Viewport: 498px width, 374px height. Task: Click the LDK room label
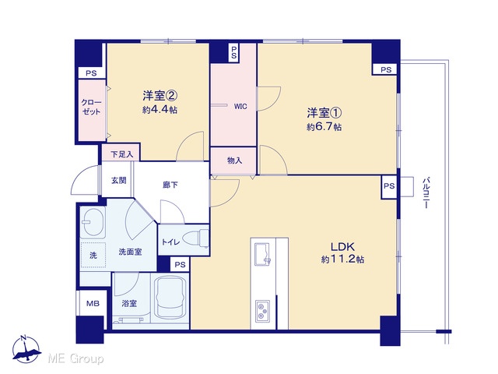pyautogui.click(x=342, y=246)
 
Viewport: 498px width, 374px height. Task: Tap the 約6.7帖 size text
pyautogui.click(x=324, y=127)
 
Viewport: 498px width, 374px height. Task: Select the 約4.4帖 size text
pyautogui.click(x=160, y=110)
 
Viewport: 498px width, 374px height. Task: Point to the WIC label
pyautogui.click(x=240, y=107)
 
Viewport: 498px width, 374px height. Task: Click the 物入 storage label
pyautogui.click(x=235, y=161)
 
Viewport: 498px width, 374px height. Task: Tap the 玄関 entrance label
pyautogui.click(x=119, y=180)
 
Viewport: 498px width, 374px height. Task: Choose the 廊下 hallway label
pyautogui.click(x=170, y=185)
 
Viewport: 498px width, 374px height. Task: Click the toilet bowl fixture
pyautogui.click(x=196, y=238)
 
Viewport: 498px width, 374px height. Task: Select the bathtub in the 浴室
pyautogui.click(x=170, y=298)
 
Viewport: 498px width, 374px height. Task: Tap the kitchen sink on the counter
pyautogui.click(x=263, y=254)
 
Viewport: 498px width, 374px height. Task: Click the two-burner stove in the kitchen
pyautogui.click(x=263, y=311)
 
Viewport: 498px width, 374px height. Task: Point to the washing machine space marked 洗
pyautogui.click(x=93, y=255)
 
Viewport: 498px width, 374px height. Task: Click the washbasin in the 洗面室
pyautogui.click(x=93, y=222)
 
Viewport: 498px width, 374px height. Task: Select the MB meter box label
pyautogui.click(x=93, y=303)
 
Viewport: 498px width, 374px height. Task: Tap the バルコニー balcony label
pyautogui.click(x=426, y=193)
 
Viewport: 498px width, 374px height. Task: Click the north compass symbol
pyautogui.click(x=26, y=350)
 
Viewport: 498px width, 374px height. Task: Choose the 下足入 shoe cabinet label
pyautogui.click(x=121, y=154)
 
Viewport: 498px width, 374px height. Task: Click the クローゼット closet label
pyautogui.click(x=91, y=107)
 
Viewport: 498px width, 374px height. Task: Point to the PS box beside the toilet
pyautogui.click(x=180, y=264)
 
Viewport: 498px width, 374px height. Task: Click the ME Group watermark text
pyautogui.click(x=76, y=358)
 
